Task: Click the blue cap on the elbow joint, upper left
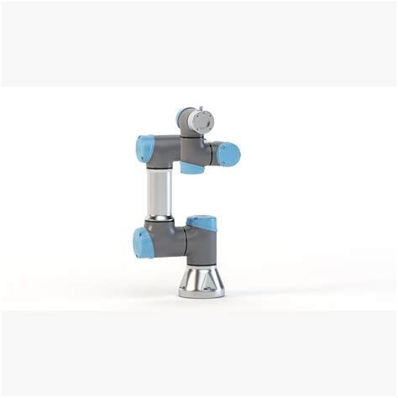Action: (x=144, y=149)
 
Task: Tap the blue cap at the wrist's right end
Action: (x=228, y=154)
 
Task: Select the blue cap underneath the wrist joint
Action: (x=192, y=168)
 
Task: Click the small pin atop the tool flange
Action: (x=199, y=107)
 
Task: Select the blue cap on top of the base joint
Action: (x=202, y=223)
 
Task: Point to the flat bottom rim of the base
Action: (x=201, y=293)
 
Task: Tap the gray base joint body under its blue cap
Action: (x=202, y=245)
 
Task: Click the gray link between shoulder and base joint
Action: (x=178, y=244)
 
